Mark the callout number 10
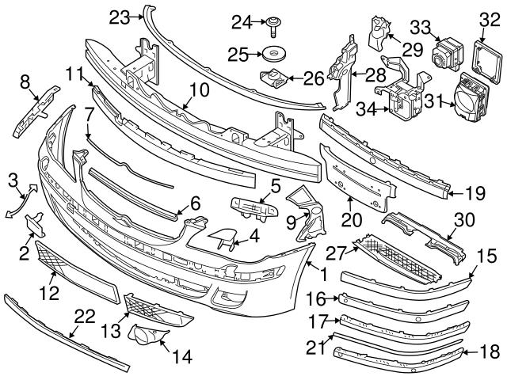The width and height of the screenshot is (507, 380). pos(200,89)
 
